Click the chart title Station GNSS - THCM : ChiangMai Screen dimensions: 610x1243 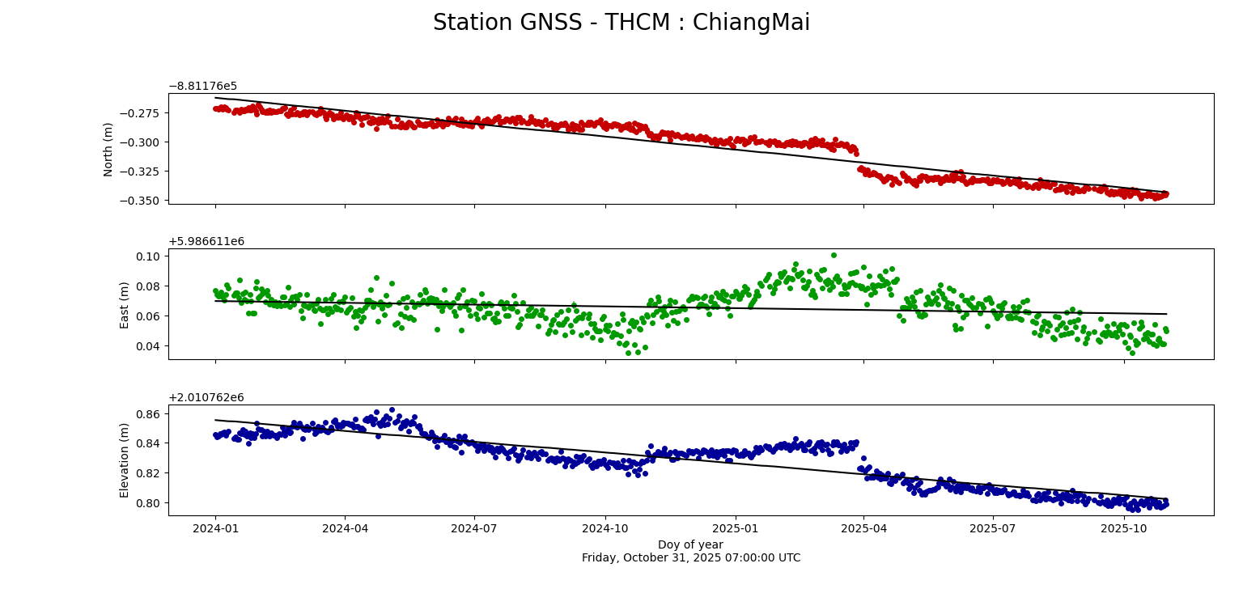coord(621,23)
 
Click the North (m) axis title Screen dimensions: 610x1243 coord(108,149)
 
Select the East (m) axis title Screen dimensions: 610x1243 coord(125,305)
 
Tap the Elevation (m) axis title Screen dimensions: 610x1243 coord(125,460)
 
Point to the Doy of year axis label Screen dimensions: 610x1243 coord(690,544)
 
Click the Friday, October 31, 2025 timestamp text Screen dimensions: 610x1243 coord(690,557)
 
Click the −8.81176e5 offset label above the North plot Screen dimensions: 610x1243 coord(202,87)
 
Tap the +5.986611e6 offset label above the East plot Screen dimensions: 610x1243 coord(206,242)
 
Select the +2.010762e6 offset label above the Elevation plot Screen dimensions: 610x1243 coord(206,397)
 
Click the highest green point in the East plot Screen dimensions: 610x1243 coord(834,255)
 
